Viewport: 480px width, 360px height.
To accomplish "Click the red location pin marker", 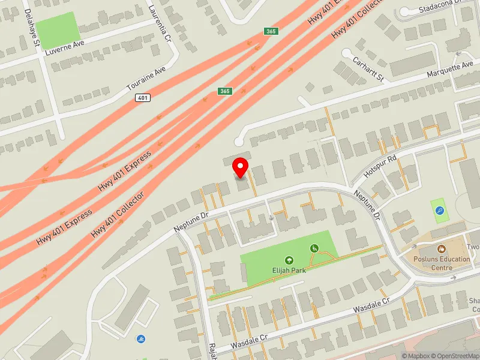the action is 241,167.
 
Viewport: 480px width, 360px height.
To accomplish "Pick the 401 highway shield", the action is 142,97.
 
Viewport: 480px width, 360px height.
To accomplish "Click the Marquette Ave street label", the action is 450,70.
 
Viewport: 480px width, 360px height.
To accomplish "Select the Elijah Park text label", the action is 289,269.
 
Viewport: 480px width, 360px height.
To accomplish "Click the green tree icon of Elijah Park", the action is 289,260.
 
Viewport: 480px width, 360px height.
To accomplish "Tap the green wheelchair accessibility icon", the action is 313,248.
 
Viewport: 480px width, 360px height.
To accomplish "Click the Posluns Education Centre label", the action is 441,263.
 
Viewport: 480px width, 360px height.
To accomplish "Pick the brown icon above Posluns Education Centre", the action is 441,248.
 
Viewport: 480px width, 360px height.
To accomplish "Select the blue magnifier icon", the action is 440,211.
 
